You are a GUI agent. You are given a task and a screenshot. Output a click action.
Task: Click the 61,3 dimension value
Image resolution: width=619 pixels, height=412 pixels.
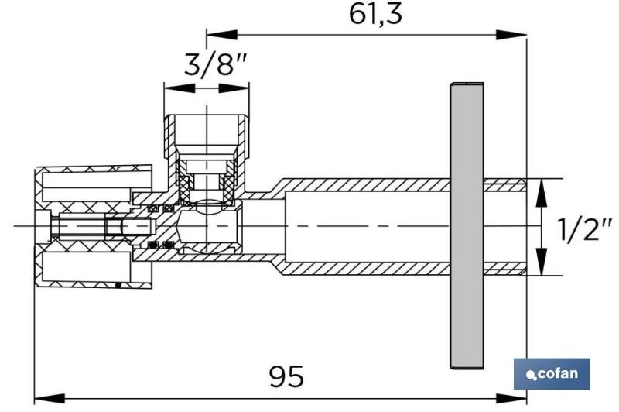click(x=375, y=15)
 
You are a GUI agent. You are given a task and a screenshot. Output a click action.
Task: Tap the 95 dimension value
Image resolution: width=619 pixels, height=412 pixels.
click(x=286, y=376)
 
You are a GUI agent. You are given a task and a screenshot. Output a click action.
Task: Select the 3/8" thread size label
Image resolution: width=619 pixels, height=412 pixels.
click(x=216, y=65)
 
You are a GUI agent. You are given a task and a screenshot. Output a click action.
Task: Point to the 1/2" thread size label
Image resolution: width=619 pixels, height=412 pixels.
click(x=585, y=229)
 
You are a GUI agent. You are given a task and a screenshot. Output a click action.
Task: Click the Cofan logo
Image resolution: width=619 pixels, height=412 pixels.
click(x=552, y=374)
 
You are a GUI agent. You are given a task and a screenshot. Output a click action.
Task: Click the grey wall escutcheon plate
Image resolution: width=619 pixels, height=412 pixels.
click(x=467, y=225)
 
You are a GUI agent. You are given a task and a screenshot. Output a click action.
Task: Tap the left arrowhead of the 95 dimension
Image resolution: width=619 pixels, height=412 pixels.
click(x=50, y=398)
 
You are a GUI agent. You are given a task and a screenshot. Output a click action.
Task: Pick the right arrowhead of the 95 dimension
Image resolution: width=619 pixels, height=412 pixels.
click(x=511, y=398)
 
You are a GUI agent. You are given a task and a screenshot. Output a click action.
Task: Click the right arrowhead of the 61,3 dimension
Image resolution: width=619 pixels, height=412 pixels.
click(x=511, y=35)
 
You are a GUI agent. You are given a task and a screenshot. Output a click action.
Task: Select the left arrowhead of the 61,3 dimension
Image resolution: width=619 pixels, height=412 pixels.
click(x=221, y=35)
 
